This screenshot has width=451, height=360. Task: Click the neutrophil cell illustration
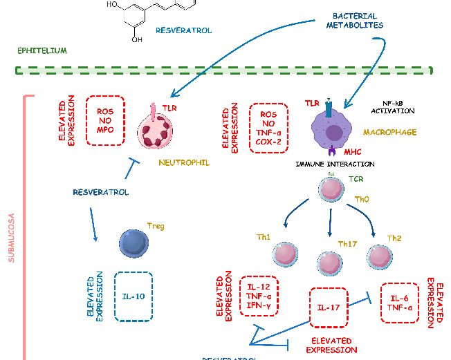tap(158, 131)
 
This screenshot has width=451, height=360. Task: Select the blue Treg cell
tap(134, 242)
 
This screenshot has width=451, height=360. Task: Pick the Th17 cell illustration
tap(329, 262)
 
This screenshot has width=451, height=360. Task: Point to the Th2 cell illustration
tap(379, 256)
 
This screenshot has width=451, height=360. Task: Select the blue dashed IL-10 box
tap(134, 297)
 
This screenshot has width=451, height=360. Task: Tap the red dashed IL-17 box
tap(329, 307)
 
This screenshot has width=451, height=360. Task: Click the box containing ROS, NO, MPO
tap(105, 120)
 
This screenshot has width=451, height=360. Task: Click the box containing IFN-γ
tap(259, 296)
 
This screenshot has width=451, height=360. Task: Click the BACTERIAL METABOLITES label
tap(355, 20)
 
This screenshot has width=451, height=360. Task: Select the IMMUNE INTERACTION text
tap(335, 164)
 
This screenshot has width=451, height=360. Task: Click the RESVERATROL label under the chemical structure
tap(183, 30)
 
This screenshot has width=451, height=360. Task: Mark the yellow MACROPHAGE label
tap(389, 132)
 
